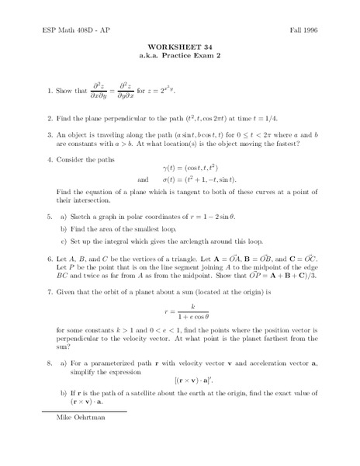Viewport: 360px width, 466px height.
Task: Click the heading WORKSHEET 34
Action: tap(180, 47)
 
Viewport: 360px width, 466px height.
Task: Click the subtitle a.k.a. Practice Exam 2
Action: tap(180, 56)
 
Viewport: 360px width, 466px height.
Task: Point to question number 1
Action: tap(48, 90)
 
